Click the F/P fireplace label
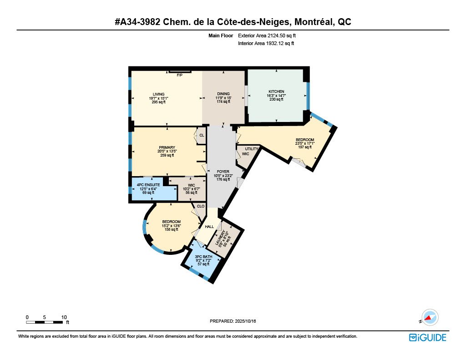pos(179,75)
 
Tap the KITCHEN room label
pos(276,91)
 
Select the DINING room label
pos(223,94)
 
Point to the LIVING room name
pos(159,94)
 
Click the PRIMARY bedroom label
pos(167,147)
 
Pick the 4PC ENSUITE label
pos(148,185)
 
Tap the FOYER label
pos(223,172)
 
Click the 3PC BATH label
pos(203,257)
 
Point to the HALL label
pos(209,227)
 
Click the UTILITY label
pos(252,149)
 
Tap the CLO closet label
pos(201,206)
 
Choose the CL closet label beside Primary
pos(202,135)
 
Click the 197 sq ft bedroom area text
pos(305,147)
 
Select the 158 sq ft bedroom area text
pos(172,229)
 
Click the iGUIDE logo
pos(428,338)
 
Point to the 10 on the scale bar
pos(64,317)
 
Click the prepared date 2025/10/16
pos(245,321)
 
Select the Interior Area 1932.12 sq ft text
pos(266,43)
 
